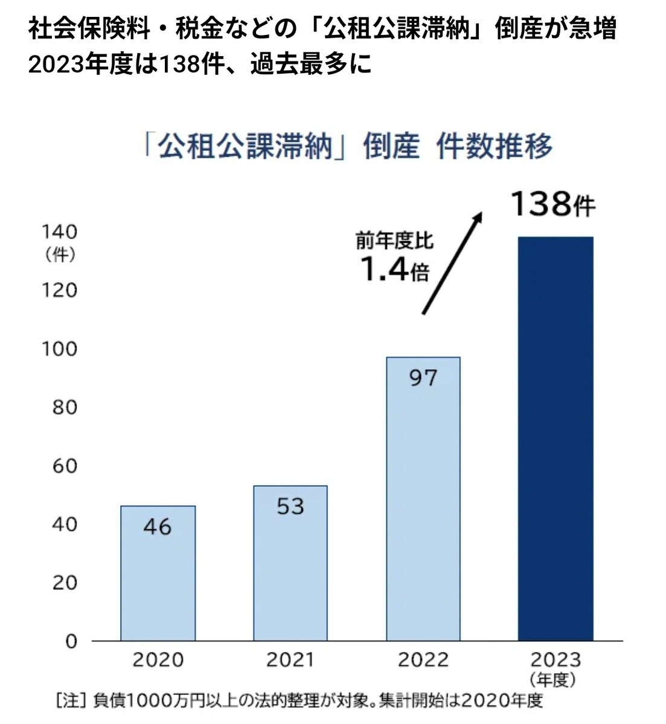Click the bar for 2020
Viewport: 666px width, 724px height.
click(158, 573)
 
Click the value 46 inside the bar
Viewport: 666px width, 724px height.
click(158, 527)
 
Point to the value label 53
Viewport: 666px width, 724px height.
click(290, 506)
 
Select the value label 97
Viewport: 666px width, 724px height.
click(423, 378)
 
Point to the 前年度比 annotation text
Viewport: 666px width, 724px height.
click(394, 241)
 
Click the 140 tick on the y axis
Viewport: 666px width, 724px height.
click(59, 232)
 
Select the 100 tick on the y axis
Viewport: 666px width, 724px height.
click(59, 349)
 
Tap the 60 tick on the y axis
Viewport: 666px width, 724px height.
click(64, 466)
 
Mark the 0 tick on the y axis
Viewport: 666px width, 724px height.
click(71, 641)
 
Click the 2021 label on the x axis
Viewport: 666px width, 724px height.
click(290, 659)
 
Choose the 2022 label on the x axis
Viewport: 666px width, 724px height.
click(423, 659)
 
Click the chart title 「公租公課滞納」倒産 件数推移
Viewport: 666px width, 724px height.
click(348, 147)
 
